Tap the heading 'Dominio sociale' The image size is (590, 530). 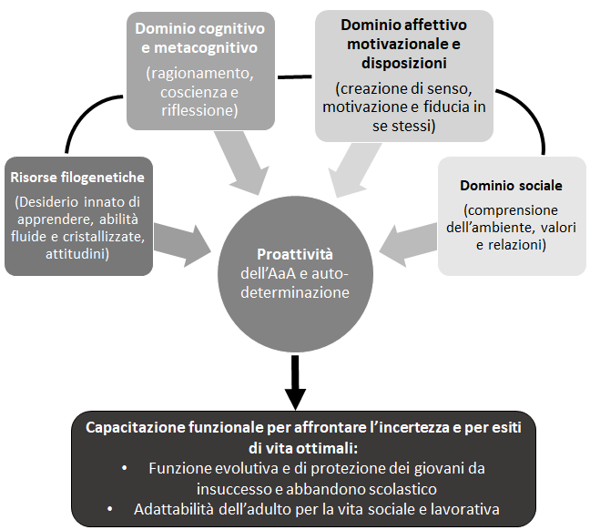click(511, 185)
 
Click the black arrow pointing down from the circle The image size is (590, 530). click(295, 383)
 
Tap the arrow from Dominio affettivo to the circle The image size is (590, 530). click(346, 166)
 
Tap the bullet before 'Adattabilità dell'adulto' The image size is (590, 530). click(111, 509)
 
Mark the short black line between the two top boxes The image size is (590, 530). click(291, 75)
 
